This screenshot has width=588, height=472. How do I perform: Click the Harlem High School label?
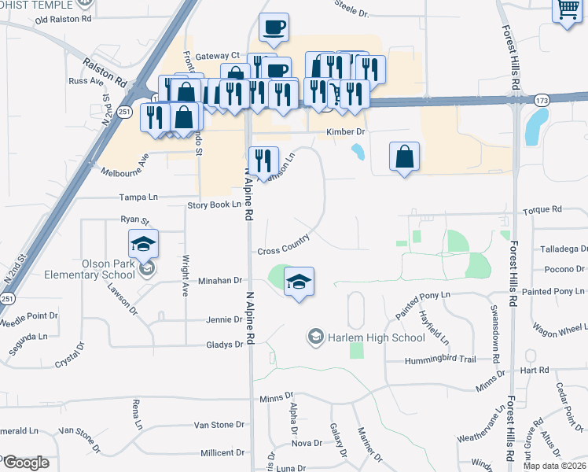tap(377, 337)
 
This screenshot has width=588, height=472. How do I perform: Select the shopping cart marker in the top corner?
tap(568, 11)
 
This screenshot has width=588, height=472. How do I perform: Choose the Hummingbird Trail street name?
tap(440, 360)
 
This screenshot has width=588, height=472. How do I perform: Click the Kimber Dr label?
tap(346, 132)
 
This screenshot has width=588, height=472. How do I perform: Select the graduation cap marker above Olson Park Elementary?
tap(143, 244)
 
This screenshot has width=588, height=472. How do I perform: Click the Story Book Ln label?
tap(213, 205)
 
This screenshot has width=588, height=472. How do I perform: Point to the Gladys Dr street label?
tap(224, 345)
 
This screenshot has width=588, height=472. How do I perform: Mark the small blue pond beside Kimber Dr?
tap(358, 151)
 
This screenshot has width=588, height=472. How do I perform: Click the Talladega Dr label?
tap(564, 249)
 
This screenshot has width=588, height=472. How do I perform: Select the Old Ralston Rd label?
tap(64, 19)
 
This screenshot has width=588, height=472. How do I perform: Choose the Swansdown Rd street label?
tap(496, 334)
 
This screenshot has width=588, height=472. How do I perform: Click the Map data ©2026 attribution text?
tap(554, 466)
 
